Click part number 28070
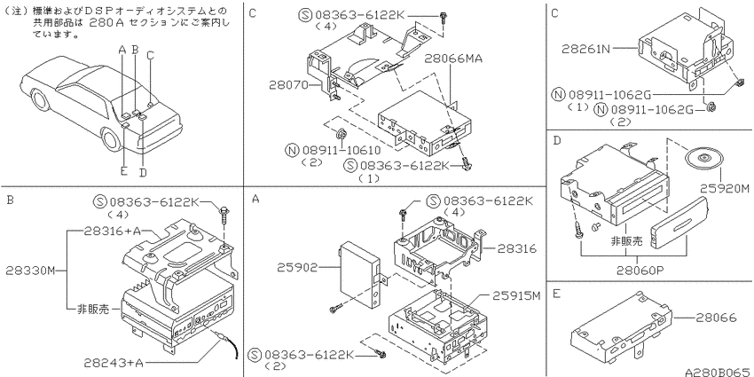tap(288, 84)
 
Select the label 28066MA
tap(453, 59)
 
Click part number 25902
tap(297, 267)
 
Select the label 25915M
tap(516, 295)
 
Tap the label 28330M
tap(31, 271)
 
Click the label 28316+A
tap(112, 231)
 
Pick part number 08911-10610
tap(342, 151)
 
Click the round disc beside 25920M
tap(703, 157)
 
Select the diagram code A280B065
tap(719, 373)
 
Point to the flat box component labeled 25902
tap(360, 275)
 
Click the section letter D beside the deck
tap(557, 140)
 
